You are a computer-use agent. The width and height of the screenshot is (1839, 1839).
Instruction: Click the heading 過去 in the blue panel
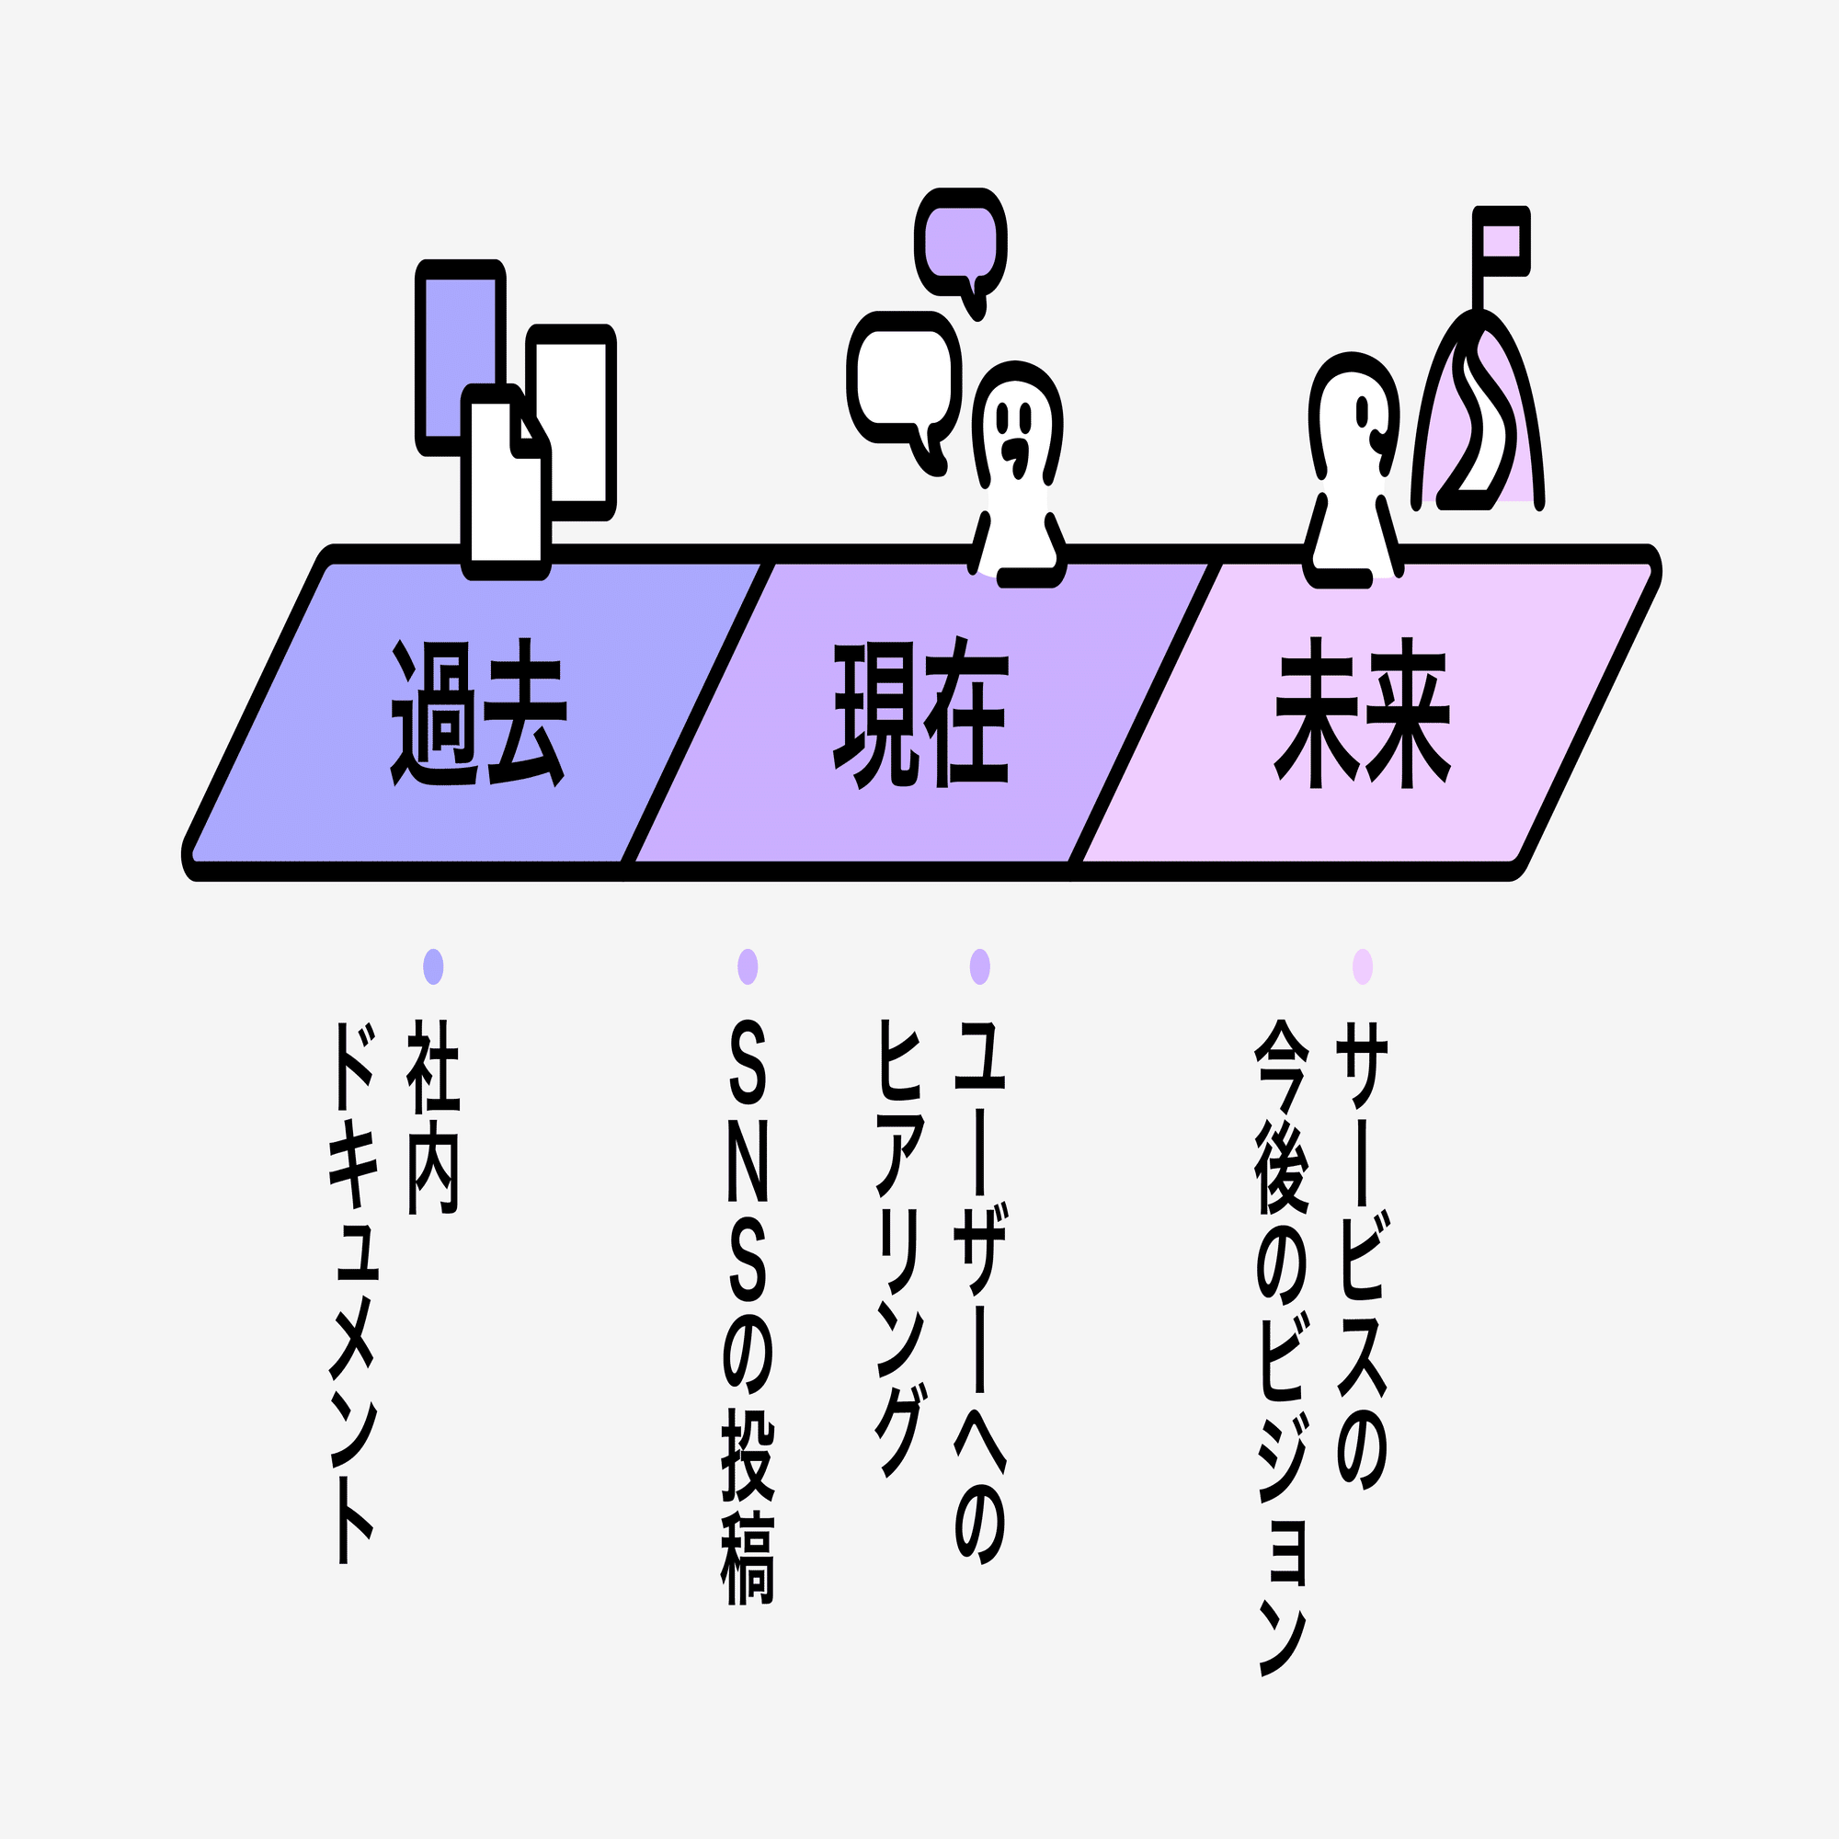(479, 712)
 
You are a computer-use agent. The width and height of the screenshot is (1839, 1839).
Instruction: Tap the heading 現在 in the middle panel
(920, 712)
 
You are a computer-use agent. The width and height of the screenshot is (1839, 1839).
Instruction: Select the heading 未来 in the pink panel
(1362, 712)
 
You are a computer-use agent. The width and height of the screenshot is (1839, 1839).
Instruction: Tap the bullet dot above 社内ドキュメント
(433, 966)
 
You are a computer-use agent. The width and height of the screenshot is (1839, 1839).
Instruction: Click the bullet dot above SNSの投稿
(748, 966)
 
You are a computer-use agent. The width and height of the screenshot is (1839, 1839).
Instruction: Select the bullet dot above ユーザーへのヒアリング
(979, 966)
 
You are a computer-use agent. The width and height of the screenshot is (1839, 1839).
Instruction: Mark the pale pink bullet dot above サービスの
(1362, 966)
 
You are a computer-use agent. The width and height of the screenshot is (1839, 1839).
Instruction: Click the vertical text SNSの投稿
(748, 1315)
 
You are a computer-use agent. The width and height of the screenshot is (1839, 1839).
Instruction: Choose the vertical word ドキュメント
(353, 1294)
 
